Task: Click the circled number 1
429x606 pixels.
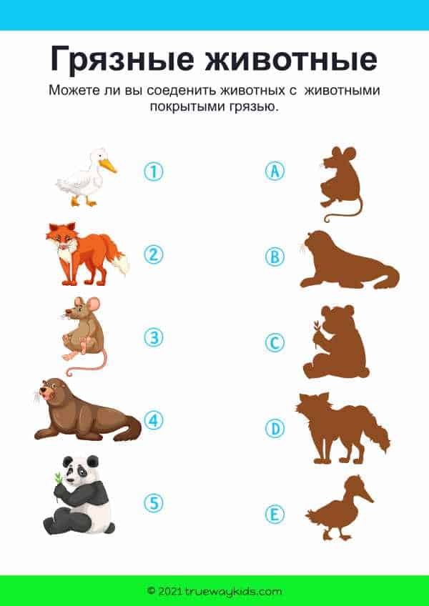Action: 154,172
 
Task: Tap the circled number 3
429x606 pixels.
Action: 154,337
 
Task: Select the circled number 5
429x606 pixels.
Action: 154,503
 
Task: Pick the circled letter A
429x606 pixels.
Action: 275,172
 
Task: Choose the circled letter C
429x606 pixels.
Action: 275,343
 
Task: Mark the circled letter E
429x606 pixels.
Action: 275,515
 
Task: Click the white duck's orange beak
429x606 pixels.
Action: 107,166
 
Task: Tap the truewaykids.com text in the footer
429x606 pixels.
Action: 233,591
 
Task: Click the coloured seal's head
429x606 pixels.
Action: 50,391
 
